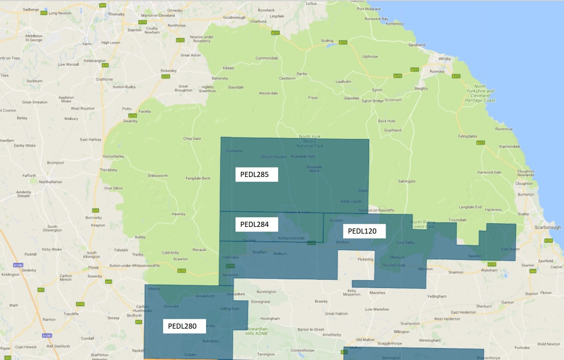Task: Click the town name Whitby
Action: coord(445,59)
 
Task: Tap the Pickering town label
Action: coord(365,259)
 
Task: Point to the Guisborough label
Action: coord(234,18)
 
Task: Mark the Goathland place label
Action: coord(393,130)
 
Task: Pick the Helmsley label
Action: coord(230,257)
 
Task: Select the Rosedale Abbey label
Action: coord(314,169)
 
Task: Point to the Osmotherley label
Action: coord(113,156)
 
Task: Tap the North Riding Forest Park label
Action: coord(422,224)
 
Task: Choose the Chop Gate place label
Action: coord(192,139)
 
